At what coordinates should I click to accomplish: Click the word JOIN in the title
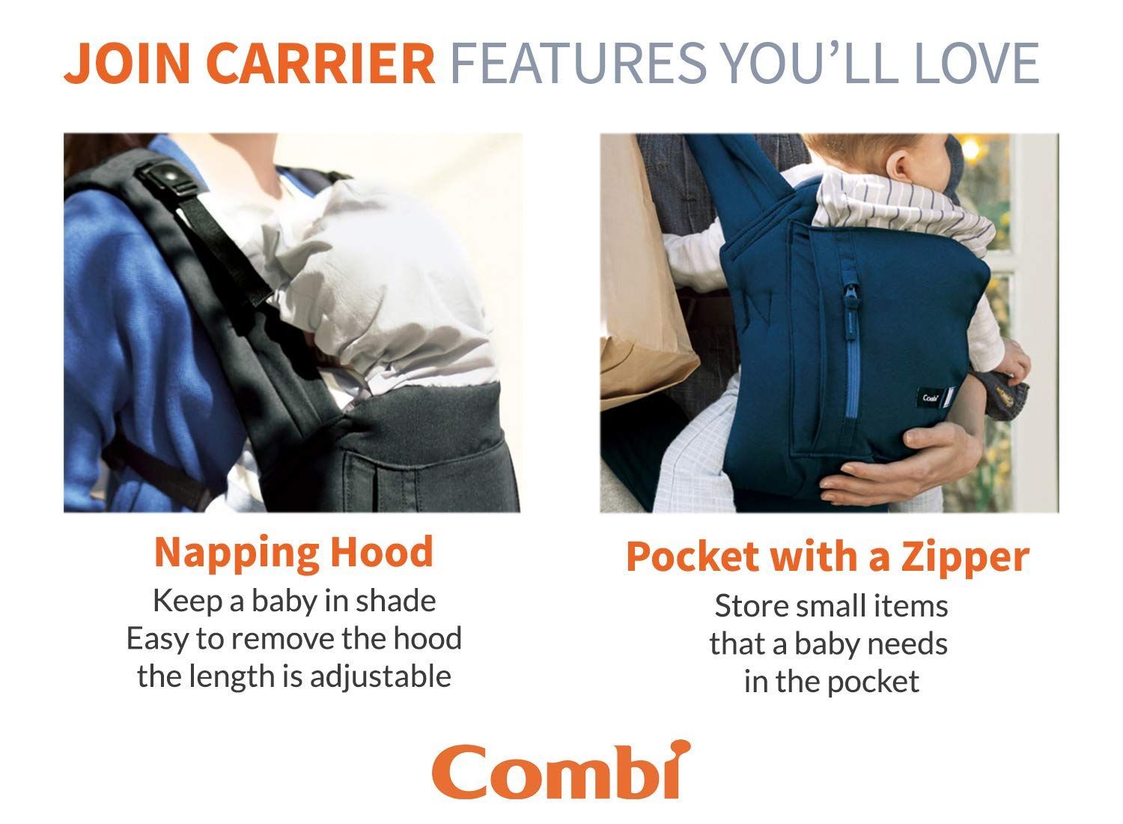[x=127, y=63]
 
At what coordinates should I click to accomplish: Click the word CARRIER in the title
[x=320, y=63]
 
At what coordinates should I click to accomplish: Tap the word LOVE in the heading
[x=977, y=63]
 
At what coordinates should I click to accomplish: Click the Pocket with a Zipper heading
[x=828, y=558]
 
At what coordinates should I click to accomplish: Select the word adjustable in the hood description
[x=380, y=677]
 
